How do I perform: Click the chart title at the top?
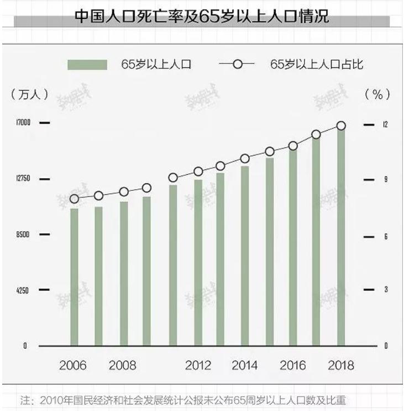pos(202,16)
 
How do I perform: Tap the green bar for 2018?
pos(342,237)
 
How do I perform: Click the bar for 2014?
pos(245,256)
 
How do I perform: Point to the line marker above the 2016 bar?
pos(293,146)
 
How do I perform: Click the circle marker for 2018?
pos(342,126)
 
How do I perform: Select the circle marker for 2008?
pos(124,192)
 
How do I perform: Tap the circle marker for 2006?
pos(74,199)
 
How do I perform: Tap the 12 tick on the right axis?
pos(385,125)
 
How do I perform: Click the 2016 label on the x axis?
pos(293,365)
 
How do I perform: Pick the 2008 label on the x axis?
pos(123,365)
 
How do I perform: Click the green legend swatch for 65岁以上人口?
pos(87,65)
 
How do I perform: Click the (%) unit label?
pos(377,94)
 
